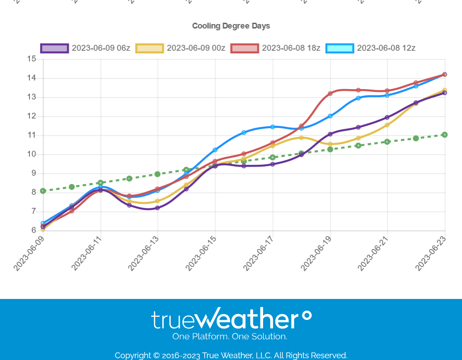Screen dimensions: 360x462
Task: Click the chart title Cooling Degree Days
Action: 231,26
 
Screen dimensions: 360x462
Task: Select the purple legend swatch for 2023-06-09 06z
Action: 54,48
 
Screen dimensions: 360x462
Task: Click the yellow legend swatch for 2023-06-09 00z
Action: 149,48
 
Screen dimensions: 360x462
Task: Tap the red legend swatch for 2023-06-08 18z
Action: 244,48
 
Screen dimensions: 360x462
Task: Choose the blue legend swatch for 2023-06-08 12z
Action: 339,48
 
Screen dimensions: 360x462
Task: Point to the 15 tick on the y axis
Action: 31,59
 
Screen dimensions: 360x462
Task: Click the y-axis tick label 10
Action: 31,155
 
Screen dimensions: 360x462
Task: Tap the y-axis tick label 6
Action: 33,231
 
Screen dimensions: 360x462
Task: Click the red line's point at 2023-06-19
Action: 330,94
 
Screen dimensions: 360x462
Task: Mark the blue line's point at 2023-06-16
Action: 244,133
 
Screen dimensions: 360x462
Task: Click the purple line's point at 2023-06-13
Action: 157,208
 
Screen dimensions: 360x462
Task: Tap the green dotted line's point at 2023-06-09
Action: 43,191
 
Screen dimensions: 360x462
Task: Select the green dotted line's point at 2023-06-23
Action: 445,135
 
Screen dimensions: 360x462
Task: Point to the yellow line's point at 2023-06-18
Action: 301,138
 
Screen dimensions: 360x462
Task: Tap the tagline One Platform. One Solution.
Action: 230,336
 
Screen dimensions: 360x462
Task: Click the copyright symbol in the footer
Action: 156,356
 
